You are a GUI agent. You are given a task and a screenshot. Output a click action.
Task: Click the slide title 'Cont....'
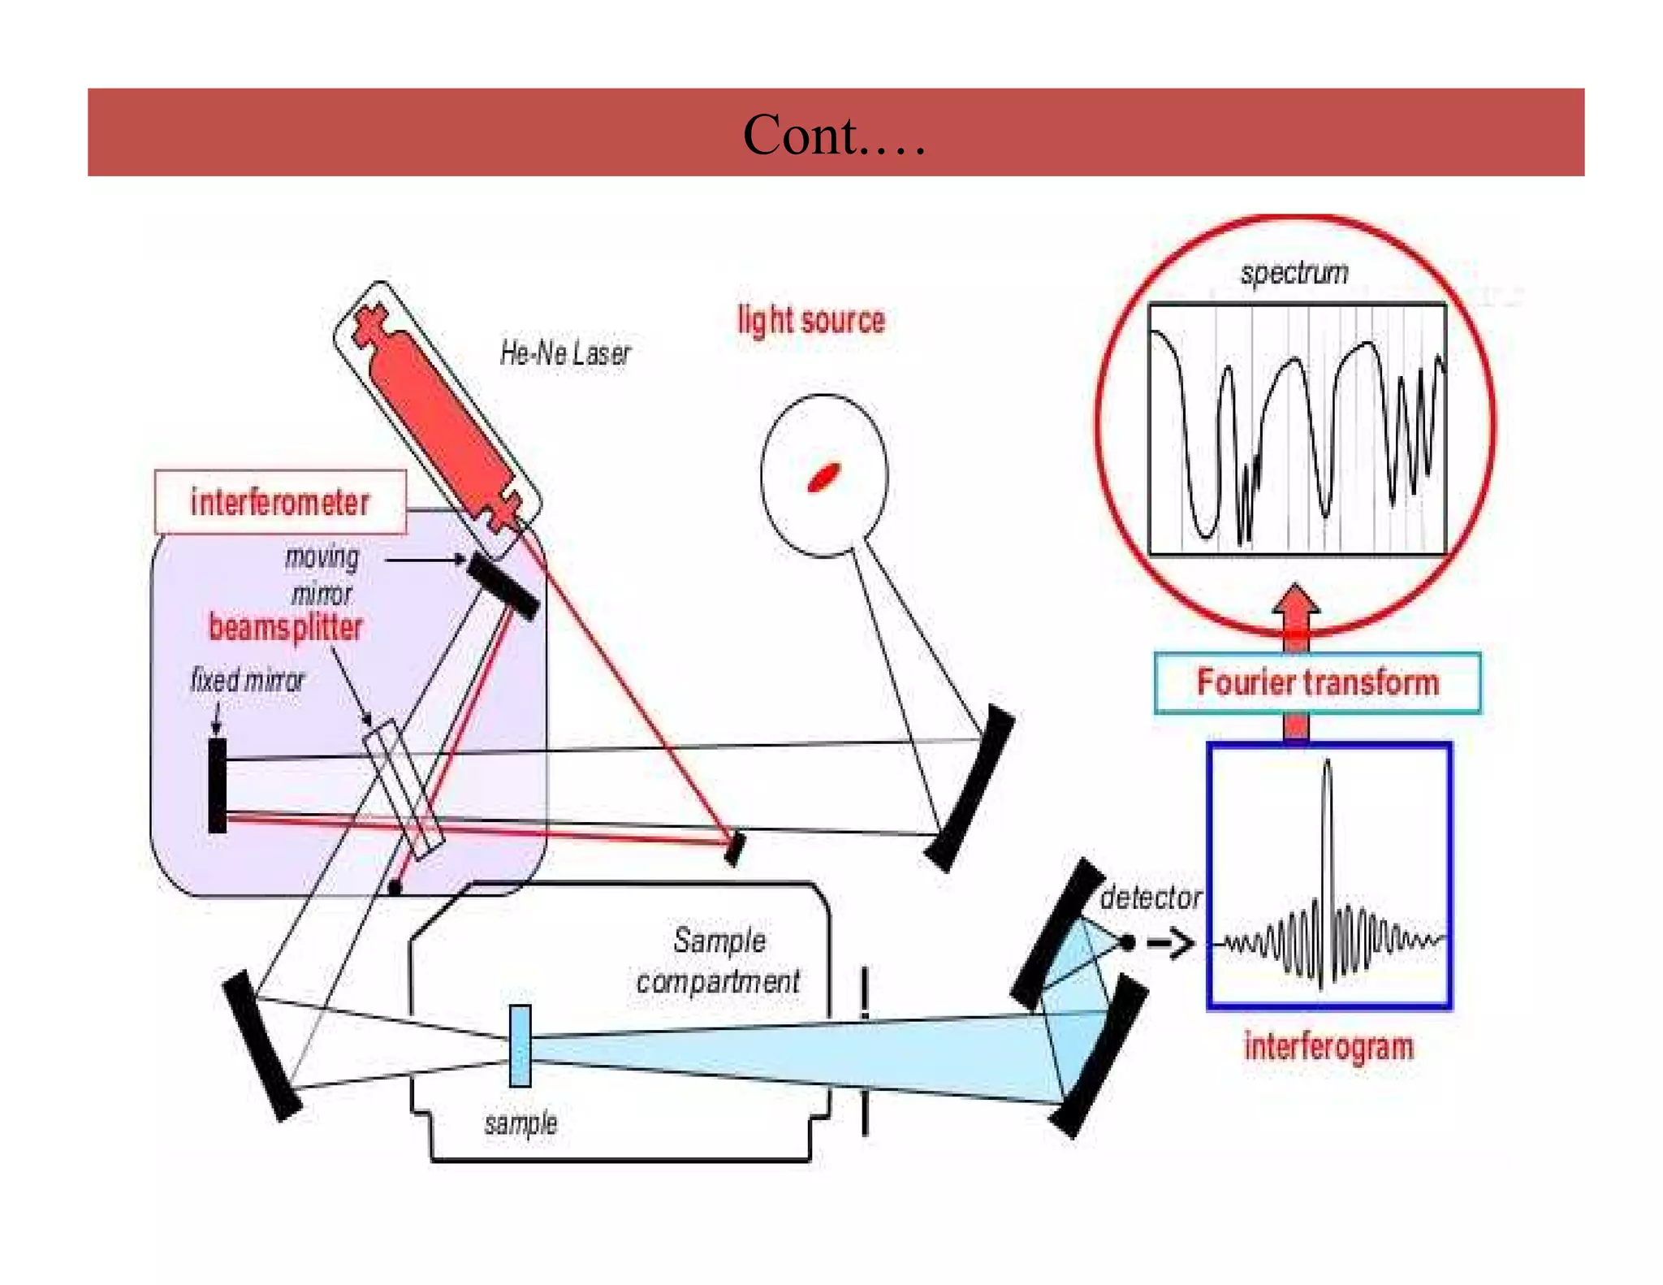coord(834,135)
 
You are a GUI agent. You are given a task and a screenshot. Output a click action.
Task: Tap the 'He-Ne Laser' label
coord(564,354)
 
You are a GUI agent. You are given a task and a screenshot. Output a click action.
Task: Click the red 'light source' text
coord(810,320)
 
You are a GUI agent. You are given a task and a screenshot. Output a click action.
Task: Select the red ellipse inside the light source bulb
coord(823,477)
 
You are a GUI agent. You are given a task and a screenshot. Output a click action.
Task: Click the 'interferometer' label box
coord(280,502)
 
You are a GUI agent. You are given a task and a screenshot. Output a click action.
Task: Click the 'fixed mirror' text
coord(247,680)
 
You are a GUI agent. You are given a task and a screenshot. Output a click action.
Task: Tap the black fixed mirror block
coord(217,785)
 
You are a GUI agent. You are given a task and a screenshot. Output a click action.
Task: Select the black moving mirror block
coord(503,586)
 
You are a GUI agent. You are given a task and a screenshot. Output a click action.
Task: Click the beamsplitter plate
coord(403,789)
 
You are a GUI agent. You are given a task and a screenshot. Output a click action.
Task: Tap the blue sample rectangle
coord(520,1045)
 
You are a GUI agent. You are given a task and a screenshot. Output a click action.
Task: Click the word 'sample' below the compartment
coord(520,1123)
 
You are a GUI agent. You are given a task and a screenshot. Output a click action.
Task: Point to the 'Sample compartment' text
coord(719,961)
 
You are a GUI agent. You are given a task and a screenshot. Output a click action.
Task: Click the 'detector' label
coord(1150,898)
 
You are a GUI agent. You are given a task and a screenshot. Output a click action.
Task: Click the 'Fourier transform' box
coord(1316,682)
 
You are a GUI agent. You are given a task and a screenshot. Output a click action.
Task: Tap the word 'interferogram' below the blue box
coord(1328,1046)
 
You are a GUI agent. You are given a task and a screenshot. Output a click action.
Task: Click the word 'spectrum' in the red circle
coord(1294,273)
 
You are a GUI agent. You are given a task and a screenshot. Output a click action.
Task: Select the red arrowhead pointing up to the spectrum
coord(1296,602)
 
